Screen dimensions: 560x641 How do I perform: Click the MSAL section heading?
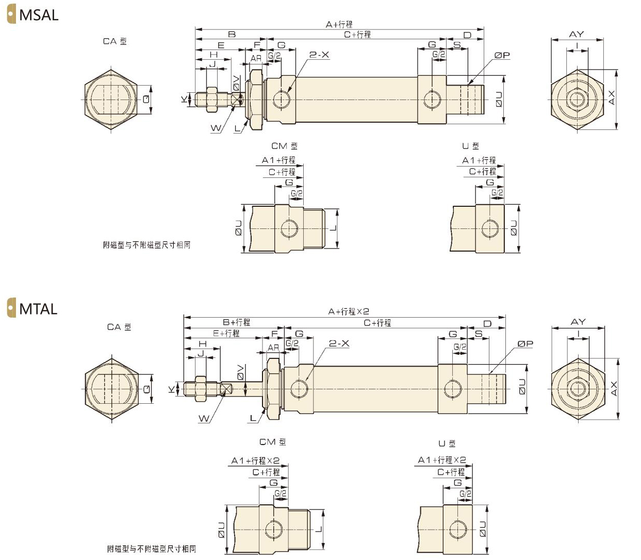(38, 15)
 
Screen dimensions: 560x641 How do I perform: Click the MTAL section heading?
(38, 309)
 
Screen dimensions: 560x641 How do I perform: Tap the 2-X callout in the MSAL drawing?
(319, 55)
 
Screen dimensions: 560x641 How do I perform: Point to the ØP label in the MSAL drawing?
(502, 55)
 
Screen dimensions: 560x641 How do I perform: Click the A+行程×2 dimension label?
(349, 311)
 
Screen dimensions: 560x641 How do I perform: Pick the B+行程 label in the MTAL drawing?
(236, 322)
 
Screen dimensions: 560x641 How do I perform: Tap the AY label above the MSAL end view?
(577, 34)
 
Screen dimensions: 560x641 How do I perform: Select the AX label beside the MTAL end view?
(613, 388)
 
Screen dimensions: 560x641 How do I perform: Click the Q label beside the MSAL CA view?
(146, 98)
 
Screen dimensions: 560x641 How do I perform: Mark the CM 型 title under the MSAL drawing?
(284, 146)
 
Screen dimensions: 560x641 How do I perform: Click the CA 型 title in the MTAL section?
(119, 327)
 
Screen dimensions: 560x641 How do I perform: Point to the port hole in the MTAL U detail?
(456, 530)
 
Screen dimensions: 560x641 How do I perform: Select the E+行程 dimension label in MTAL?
(226, 333)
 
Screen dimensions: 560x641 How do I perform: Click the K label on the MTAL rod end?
(171, 389)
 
